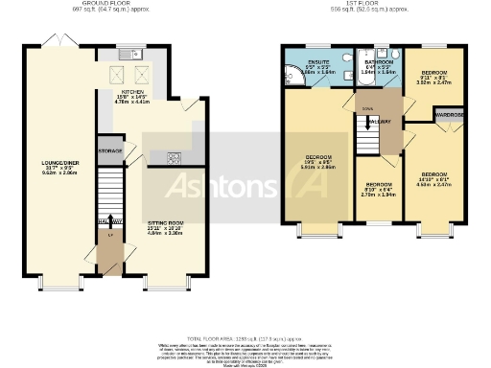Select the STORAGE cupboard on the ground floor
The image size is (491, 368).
tap(110, 151)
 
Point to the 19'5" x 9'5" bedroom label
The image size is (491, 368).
tap(320, 161)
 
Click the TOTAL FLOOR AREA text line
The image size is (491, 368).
tap(245, 338)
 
